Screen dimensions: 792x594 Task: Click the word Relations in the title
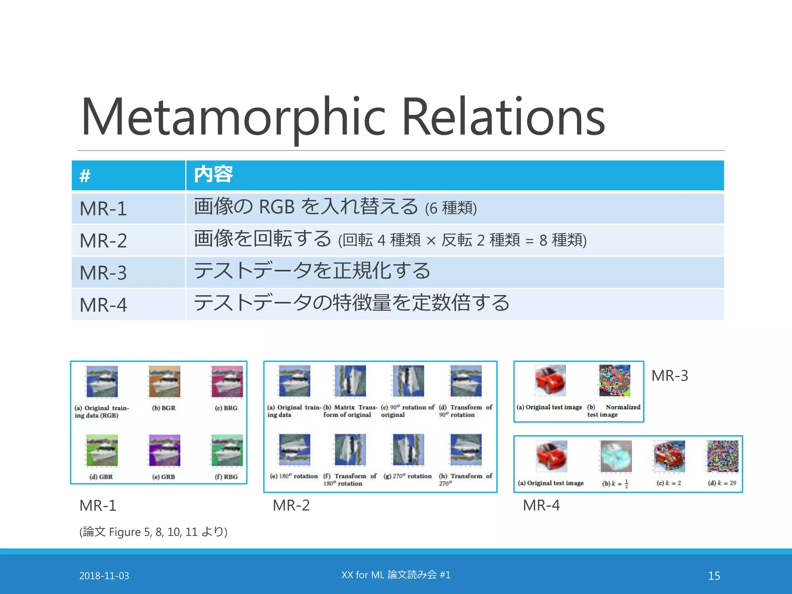pyautogui.click(x=503, y=117)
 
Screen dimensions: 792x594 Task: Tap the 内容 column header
pyautogui.click(x=213, y=175)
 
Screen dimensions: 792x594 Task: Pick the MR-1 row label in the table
pyautogui.click(x=103, y=209)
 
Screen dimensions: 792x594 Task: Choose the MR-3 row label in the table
pyautogui.click(x=103, y=273)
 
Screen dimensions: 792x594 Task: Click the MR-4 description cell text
pyautogui.click(x=351, y=303)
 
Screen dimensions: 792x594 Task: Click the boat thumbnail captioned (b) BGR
pyautogui.click(x=164, y=382)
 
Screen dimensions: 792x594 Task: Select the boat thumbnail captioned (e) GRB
pyautogui.click(x=164, y=451)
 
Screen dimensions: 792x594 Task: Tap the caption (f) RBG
pyautogui.click(x=226, y=477)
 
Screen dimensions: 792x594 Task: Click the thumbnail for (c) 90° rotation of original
pyautogui.click(x=408, y=381)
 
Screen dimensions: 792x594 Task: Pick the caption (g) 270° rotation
pyautogui.click(x=408, y=476)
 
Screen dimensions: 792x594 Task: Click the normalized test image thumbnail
pyautogui.click(x=614, y=381)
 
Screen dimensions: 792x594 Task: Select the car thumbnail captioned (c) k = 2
pyautogui.click(x=669, y=457)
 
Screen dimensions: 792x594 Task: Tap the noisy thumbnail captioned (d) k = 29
pyautogui.click(x=722, y=457)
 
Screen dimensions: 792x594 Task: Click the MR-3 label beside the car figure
pyautogui.click(x=670, y=376)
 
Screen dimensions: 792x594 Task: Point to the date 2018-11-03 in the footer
pyautogui.click(x=104, y=576)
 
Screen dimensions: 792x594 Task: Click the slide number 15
pyautogui.click(x=714, y=576)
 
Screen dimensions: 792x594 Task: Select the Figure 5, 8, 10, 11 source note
pyautogui.click(x=153, y=532)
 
